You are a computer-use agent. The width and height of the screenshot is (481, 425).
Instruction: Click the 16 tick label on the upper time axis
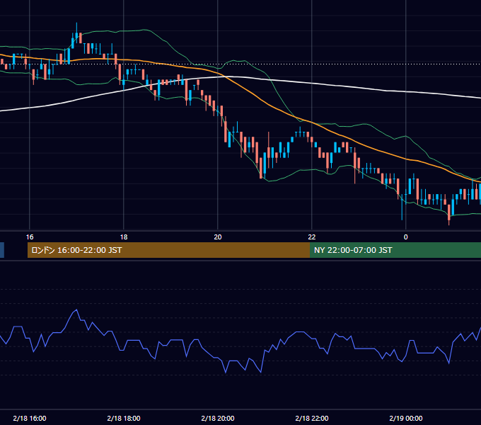point(30,237)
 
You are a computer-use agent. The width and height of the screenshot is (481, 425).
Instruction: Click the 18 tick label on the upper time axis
point(124,237)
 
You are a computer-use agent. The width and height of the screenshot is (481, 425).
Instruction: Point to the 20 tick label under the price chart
point(218,237)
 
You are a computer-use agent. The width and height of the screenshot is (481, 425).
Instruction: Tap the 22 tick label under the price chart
point(312,237)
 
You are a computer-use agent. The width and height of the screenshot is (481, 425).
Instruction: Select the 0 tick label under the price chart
point(406,237)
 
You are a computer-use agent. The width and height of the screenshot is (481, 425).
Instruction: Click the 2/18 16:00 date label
point(30,418)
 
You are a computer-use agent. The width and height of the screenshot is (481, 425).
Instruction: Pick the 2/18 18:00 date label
point(124,418)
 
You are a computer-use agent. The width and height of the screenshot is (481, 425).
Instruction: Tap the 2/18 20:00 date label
point(218,418)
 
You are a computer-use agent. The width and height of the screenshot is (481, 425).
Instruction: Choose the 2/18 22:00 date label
point(312,418)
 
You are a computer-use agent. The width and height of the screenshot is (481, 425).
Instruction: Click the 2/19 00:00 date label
point(406,418)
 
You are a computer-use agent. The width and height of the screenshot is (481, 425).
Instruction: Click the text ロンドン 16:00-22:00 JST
point(76,250)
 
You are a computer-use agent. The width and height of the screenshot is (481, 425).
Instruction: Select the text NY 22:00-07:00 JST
point(353,250)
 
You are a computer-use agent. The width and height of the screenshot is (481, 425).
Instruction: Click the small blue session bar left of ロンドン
point(2,250)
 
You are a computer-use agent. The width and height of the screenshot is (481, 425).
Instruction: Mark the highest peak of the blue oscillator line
point(76,310)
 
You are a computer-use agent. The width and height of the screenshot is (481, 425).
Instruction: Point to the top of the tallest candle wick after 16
point(76,23)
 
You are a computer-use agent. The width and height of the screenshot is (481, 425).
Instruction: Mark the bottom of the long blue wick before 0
point(402,220)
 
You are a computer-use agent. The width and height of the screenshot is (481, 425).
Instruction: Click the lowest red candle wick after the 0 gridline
point(449,225)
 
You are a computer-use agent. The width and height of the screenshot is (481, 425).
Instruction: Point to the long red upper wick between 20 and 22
point(269,140)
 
